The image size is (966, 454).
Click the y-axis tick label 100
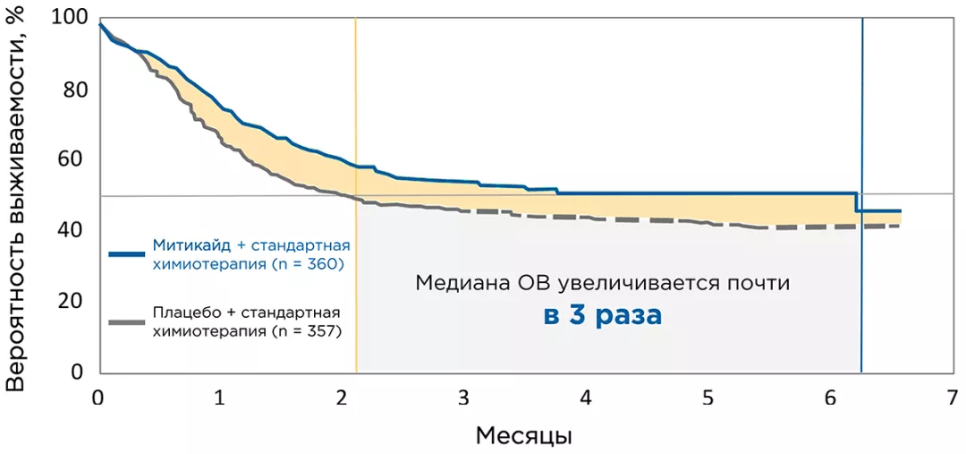(x=70, y=18)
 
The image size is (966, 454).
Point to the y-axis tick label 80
(x=75, y=90)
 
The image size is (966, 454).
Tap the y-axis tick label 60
(x=75, y=160)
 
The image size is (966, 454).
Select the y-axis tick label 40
(x=75, y=231)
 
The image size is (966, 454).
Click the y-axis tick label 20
(x=75, y=302)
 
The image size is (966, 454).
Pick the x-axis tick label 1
(x=220, y=397)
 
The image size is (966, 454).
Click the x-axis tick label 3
(x=463, y=397)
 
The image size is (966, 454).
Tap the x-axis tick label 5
(x=708, y=397)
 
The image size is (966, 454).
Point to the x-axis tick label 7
(x=952, y=397)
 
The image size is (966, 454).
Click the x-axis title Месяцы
(x=523, y=436)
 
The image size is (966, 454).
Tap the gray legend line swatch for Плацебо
(x=127, y=321)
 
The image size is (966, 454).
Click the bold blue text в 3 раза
(x=603, y=316)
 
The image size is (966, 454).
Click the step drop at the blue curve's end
(x=857, y=202)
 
